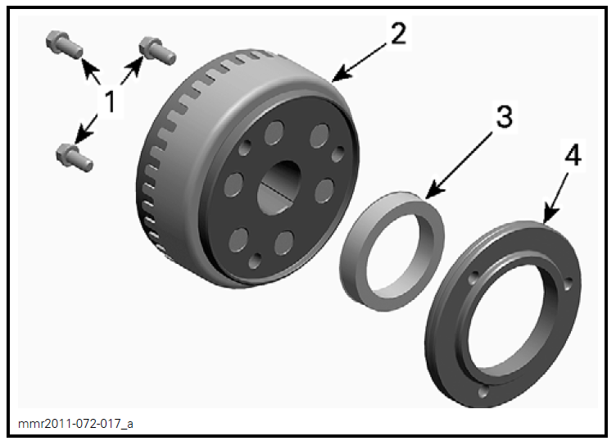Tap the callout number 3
[501, 116]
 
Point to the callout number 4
[573, 156]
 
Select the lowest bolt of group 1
[75, 155]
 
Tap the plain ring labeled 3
[392, 246]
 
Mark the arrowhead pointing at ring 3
[429, 194]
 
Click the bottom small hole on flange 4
[482, 392]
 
